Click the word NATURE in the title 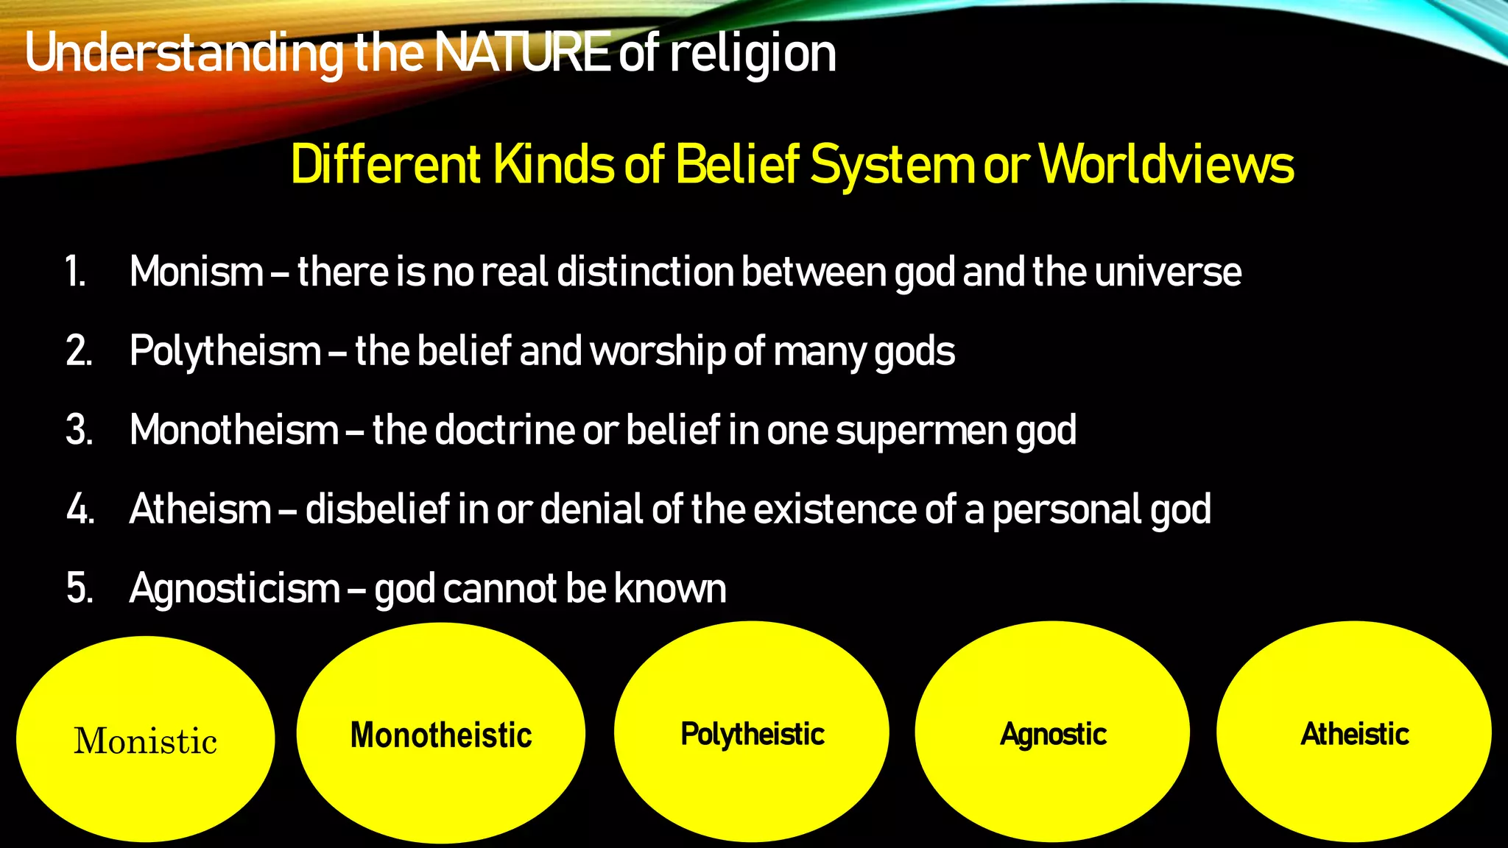click(521, 53)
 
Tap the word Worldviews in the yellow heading click(1169, 164)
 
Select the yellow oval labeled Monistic click(145, 739)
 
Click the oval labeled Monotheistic click(440, 734)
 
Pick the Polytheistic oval click(752, 732)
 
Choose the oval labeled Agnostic click(1052, 732)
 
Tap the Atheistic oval click(1354, 732)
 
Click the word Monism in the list click(197, 272)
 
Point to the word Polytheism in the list click(225, 351)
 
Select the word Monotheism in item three click(234, 430)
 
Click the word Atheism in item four click(200, 509)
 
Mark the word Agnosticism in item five click(234, 589)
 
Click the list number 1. click(75, 272)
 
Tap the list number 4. click(80, 509)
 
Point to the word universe click(1168, 272)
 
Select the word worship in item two click(658, 351)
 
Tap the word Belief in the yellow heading click(737, 164)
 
